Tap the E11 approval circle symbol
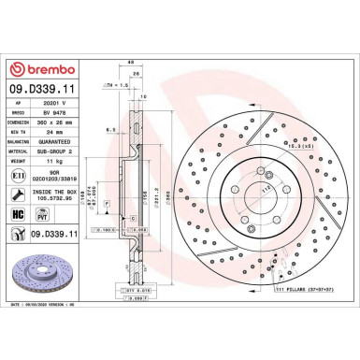tap(20, 175)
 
